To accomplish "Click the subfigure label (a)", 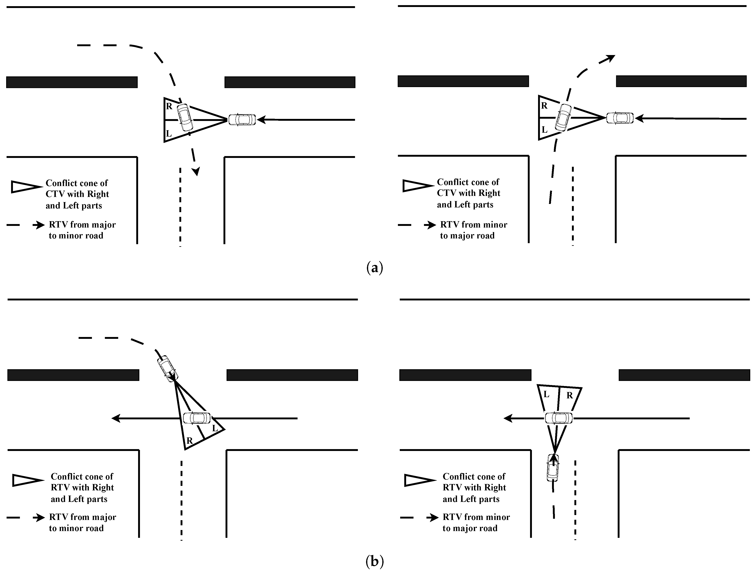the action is click(x=375, y=268).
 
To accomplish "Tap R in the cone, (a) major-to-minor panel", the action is click(x=169, y=106).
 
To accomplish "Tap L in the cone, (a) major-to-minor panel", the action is click(x=168, y=133).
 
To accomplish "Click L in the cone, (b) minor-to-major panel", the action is click(x=546, y=394).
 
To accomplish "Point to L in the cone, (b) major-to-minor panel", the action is click(x=215, y=428).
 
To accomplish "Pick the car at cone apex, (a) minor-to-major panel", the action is click(x=620, y=118).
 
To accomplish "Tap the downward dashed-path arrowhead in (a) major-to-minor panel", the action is click(x=196, y=171).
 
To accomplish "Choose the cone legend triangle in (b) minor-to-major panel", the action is click(x=419, y=480).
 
